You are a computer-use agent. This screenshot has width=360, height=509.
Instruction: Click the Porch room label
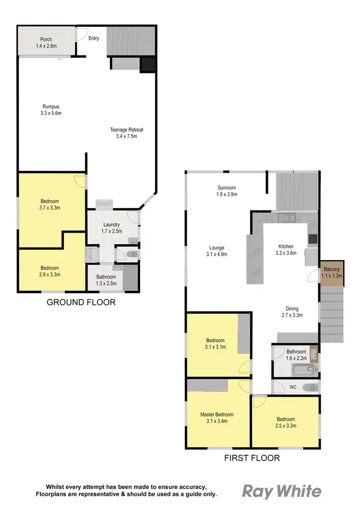point(46,43)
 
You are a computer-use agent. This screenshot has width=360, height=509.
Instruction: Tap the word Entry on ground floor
point(94,38)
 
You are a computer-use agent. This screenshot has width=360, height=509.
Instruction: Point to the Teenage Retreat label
point(127,133)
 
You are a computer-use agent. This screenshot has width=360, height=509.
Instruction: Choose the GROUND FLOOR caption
point(81,302)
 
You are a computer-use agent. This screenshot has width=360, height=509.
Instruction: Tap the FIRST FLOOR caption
point(252,458)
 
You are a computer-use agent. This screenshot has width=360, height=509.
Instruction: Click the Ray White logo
point(281,492)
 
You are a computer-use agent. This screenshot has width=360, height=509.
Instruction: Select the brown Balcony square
point(332,273)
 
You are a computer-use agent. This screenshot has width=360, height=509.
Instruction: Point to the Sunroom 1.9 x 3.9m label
point(227,191)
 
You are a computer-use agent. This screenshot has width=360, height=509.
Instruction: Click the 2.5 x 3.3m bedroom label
point(285,422)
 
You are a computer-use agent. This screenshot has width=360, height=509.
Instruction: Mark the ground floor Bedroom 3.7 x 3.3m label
point(50,205)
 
